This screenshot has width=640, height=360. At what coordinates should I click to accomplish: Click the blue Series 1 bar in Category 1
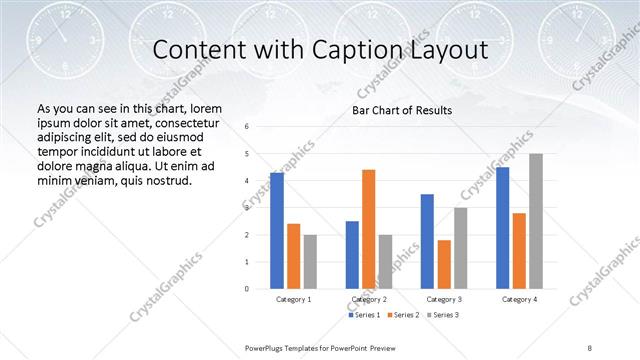click(x=277, y=231)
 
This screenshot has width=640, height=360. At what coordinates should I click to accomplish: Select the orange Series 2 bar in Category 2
click(x=368, y=229)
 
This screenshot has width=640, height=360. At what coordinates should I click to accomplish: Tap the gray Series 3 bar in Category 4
click(x=536, y=221)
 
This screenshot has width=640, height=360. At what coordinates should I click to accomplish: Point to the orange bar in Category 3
click(x=444, y=264)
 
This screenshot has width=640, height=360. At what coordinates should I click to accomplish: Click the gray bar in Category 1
click(x=310, y=262)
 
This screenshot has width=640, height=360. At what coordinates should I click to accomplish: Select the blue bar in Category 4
click(x=503, y=228)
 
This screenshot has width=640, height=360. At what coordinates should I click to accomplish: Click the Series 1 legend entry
click(x=364, y=315)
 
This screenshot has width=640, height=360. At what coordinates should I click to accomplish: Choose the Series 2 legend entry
click(x=402, y=315)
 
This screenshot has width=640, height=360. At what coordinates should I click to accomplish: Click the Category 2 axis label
click(x=369, y=299)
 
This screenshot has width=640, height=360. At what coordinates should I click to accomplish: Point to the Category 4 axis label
click(x=519, y=299)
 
